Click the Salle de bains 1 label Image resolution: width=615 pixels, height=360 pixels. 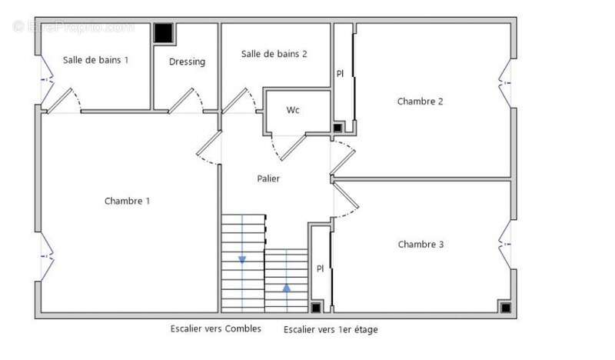click(x=95, y=59)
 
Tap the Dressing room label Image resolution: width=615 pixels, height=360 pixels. click(x=187, y=62)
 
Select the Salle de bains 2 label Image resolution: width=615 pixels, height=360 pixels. click(x=274, y=54)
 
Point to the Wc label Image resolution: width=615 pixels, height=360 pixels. click(x=293, y=110)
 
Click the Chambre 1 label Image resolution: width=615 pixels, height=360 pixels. click(x=127, y=201)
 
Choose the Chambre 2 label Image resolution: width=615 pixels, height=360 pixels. click(x=420, y=101)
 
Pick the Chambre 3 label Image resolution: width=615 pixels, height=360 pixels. click(x=421, y=245)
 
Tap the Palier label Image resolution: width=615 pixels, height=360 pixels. click(x=268, y=178)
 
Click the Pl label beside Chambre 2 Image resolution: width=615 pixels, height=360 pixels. click(x=340, y=74)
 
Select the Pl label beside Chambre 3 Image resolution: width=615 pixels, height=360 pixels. click(x=321, y=268)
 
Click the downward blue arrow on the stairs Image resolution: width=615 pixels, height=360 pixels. click(x=242, y=259)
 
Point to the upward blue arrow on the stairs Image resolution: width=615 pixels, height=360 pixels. click(x=287, y=288)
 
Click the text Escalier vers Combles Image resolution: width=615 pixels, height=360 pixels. click(x=216, y=328)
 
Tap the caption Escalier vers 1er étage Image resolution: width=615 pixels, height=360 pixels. click(x=331, y=329)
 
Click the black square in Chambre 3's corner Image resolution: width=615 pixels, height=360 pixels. click(x=505, y=308)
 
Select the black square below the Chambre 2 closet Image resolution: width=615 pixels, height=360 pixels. click(x=337, y=127)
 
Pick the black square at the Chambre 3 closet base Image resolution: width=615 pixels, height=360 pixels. click(x=316, y=308)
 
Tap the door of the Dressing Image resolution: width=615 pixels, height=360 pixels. click(x=181, y=101)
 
